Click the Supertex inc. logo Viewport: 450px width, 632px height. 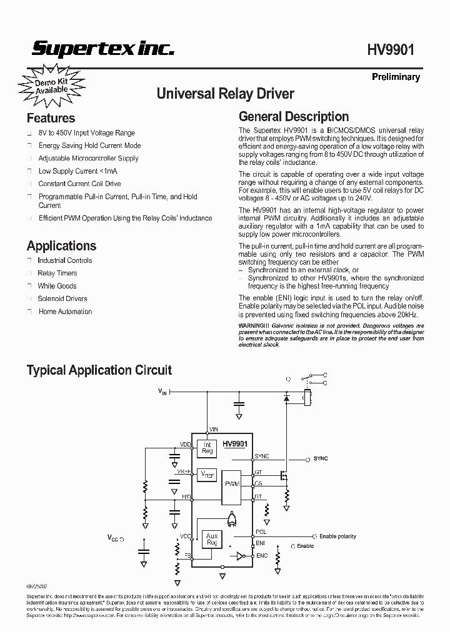coord(103,49)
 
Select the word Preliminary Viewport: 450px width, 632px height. coord(396,77)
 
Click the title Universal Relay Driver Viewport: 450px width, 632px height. coord(225,94)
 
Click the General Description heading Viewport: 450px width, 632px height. coord(294,116)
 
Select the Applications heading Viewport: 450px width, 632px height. coord(61,245)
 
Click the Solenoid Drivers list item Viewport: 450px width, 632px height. coord(62,299)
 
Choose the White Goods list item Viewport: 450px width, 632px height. coord(57,286)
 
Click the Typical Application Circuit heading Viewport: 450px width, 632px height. coord(99,370)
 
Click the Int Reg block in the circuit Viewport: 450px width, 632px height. coord(207,448)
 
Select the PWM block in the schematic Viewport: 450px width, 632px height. coord(232,484)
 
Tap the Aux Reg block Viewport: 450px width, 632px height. coord(211,540)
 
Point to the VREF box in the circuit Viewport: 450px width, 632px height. coord(207,475)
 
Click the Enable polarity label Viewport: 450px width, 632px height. coord(337,536)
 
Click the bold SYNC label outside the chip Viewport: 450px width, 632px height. coord(321,458)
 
